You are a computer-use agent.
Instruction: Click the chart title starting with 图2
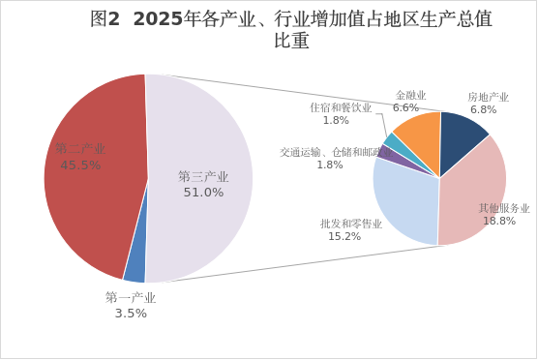[291, 29]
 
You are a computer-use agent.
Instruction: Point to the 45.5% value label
[80, 165]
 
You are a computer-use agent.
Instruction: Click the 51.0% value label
[203, 193]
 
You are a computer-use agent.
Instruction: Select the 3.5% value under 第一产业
[131, 314]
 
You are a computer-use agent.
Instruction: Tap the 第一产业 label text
[131, 297]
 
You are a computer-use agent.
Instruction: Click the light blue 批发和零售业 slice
[404, 202]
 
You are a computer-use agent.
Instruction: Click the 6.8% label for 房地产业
[484, 109]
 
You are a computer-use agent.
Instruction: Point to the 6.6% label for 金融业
[405, 107]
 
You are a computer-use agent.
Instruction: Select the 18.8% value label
[499, 221]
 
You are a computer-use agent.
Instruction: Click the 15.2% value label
[344, 236]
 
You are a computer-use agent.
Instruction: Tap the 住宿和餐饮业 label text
[341, 107]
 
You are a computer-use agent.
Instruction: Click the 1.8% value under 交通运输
[330, 165]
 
